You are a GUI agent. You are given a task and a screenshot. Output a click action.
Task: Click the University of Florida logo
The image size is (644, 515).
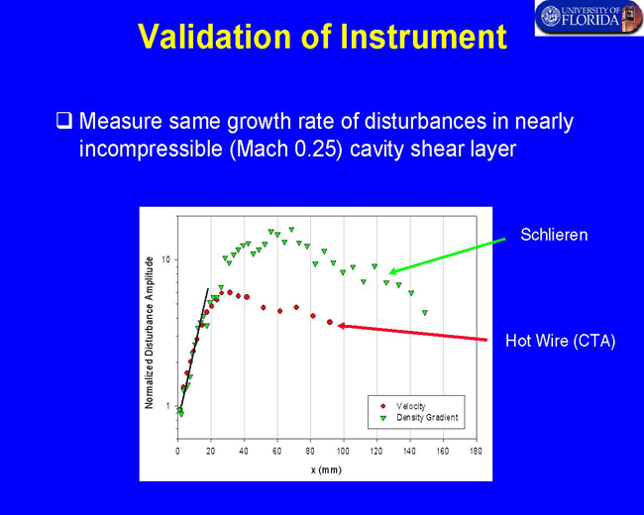point(589,18)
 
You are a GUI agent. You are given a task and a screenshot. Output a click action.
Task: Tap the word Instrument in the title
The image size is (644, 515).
point(423,37)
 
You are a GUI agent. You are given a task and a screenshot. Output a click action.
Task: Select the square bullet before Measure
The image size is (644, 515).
point(64,121)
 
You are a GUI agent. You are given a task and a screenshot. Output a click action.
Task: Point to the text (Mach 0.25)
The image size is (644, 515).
point(286,149)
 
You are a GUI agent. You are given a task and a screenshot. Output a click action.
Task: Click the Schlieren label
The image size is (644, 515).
point(554,235)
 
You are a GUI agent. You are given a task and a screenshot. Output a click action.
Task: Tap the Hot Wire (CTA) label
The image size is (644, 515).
point(560,341)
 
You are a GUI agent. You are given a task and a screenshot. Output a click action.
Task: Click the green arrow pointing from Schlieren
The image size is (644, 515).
point(447,256)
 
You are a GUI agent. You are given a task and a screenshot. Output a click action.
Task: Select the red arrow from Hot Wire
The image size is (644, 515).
point(412,332)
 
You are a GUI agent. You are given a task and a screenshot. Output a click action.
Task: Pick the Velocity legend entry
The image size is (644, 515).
point(404,406)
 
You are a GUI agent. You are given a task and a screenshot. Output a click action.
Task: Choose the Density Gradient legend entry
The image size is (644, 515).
point(420,418)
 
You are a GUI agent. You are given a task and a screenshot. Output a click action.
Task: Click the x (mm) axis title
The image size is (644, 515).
point(326,469)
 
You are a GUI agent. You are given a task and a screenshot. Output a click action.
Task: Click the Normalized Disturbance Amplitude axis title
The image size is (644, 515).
point(149,333)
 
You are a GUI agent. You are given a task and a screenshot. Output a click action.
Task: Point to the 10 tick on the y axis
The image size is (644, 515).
point(165,259)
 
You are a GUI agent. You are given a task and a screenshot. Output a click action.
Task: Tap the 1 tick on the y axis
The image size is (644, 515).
point(167,406)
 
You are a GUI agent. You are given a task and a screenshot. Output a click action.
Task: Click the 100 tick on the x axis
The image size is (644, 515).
point(343,452)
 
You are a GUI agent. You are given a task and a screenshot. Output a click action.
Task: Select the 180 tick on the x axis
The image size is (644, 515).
point(476,452)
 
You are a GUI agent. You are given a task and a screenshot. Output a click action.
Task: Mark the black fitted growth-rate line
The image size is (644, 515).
point(194,348)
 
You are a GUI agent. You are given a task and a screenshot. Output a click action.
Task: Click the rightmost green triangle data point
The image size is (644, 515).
point(425,313)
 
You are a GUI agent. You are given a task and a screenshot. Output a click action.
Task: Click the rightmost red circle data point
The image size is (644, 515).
point(330,323)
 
